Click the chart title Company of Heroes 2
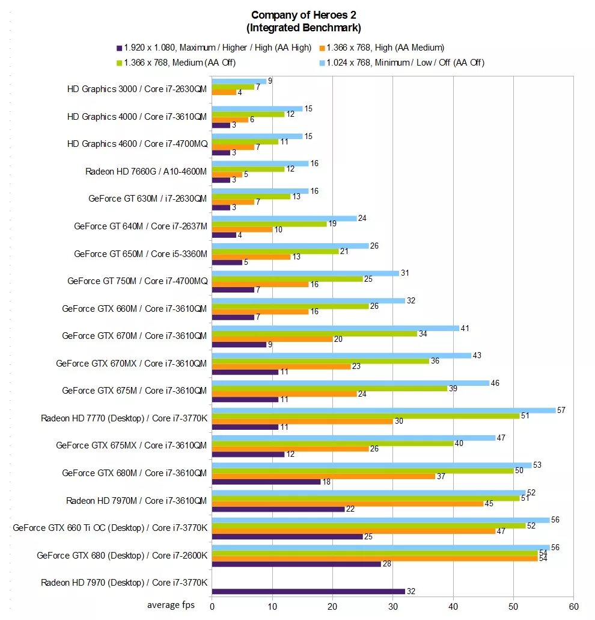[x=303, y=15]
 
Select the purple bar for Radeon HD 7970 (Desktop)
[x=308, y=591]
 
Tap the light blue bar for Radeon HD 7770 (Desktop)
[x=383, y=410]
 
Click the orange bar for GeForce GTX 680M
[x=323, y=476]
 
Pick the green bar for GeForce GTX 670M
[x=314, y=333]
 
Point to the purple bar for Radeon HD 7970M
[x=278, y=509]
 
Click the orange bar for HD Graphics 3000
[x=224, y=92]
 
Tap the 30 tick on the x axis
[x=392, y=606]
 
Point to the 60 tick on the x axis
[x=574, y=606]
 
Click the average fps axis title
[x=171, y=605]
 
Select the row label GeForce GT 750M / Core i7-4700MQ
[x=137, y=281]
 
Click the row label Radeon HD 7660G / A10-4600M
[x=145, y=171]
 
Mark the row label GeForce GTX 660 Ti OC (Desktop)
[x=110, y=528]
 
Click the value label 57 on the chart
[x=561, y=410]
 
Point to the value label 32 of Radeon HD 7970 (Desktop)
[x=412, y=592]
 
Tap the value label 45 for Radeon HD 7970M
[x=489, y=504]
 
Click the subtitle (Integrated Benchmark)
[x=303, y=28]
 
